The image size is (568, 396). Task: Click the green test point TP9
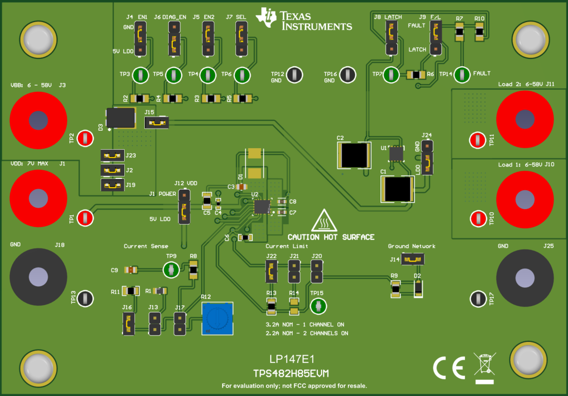(x=170, y=270)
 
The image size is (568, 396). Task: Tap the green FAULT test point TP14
(x=462, y=75)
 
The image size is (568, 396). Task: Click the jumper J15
(x=156, y=122)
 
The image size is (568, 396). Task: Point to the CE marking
(x=449, y=367)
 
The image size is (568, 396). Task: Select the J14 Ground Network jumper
(x=414, y=259)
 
